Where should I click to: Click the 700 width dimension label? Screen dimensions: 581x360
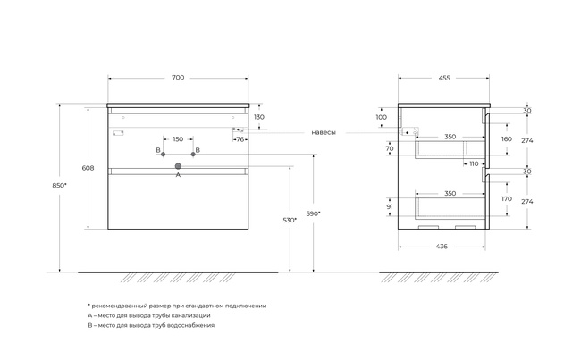[x=178, y=78]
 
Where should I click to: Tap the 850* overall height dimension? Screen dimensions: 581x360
[x=59, y=185]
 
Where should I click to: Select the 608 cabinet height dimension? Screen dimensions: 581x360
[x=88, y=168]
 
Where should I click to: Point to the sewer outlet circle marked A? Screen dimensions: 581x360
[x=178, y=166]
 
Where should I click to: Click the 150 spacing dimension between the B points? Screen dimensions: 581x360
[x=178, y=139]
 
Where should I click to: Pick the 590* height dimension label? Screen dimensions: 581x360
[x=314, y=213]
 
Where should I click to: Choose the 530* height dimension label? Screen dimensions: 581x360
[x=290, y=220]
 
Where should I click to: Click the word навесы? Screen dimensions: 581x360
[x=324, y=132]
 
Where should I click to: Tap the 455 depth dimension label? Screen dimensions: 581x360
[x=444, y=78]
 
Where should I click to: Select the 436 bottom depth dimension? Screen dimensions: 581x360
[x=442, y=247]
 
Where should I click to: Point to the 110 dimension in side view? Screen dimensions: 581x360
[x=474, y=163]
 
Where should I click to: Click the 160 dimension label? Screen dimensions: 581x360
[x=507, y=138]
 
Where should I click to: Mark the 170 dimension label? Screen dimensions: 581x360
[x=507, y=199]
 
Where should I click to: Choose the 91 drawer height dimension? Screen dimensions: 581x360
[x=390, y=206]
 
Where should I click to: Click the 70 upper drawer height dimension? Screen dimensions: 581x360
[x=390, y=148]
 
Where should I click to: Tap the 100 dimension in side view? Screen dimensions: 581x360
[x=382, y=117]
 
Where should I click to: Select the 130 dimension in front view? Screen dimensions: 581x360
[x=259, y=117]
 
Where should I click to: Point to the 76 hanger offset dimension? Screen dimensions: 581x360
[x=240, y=139]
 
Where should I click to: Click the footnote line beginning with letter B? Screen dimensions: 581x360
[x=151, y=325]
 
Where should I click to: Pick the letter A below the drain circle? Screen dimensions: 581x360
[x=178, y=174]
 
